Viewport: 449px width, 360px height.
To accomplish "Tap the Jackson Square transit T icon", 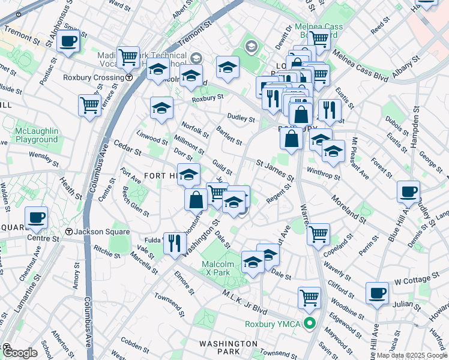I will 70,232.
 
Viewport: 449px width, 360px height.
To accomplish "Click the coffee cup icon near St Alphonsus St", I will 68,41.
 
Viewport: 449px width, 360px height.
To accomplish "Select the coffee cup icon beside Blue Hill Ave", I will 408,192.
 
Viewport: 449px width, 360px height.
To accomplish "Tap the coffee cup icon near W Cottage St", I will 377,293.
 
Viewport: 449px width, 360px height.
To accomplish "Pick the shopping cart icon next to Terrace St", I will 89,106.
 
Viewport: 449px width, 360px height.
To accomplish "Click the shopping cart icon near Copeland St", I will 318,233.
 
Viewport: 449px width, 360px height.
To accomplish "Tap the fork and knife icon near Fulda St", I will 175,243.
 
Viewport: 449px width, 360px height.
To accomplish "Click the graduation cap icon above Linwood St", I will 161,108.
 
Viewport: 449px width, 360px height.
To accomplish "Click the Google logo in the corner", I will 20,352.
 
